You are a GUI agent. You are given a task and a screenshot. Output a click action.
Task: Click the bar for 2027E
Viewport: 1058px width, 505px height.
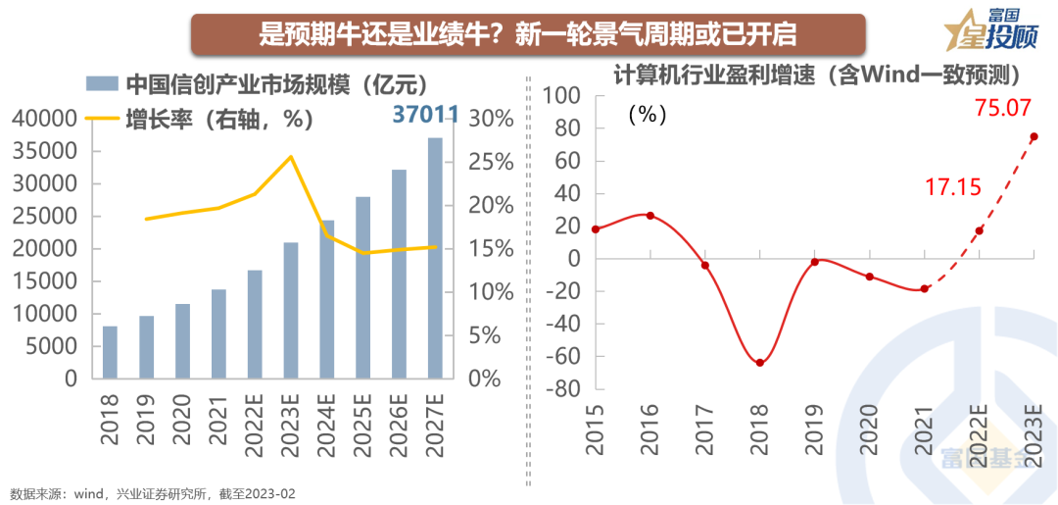click(435, 258)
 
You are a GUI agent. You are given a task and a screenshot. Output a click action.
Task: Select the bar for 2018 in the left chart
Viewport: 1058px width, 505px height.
click(110, 352)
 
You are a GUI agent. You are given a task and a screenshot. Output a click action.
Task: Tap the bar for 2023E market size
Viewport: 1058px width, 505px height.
click(291, 310)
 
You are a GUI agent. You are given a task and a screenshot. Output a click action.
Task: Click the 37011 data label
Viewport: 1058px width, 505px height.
click(425, 115)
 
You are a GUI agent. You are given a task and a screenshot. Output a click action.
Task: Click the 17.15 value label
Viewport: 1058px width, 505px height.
click(953, 186)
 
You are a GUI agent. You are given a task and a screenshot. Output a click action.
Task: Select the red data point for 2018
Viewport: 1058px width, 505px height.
click(759, 363)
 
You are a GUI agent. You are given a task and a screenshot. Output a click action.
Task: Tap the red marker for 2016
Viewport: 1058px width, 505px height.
click(649, 216)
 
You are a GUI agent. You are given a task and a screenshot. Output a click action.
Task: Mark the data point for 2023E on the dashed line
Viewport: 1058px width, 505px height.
click(1034, 136)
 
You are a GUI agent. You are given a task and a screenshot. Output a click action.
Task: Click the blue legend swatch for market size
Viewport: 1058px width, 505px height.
click(100, 83)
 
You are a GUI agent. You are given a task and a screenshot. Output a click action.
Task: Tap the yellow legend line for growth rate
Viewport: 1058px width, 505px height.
click(100, 119)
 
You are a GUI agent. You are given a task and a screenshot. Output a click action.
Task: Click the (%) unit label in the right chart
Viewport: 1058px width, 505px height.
click(647, 114)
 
